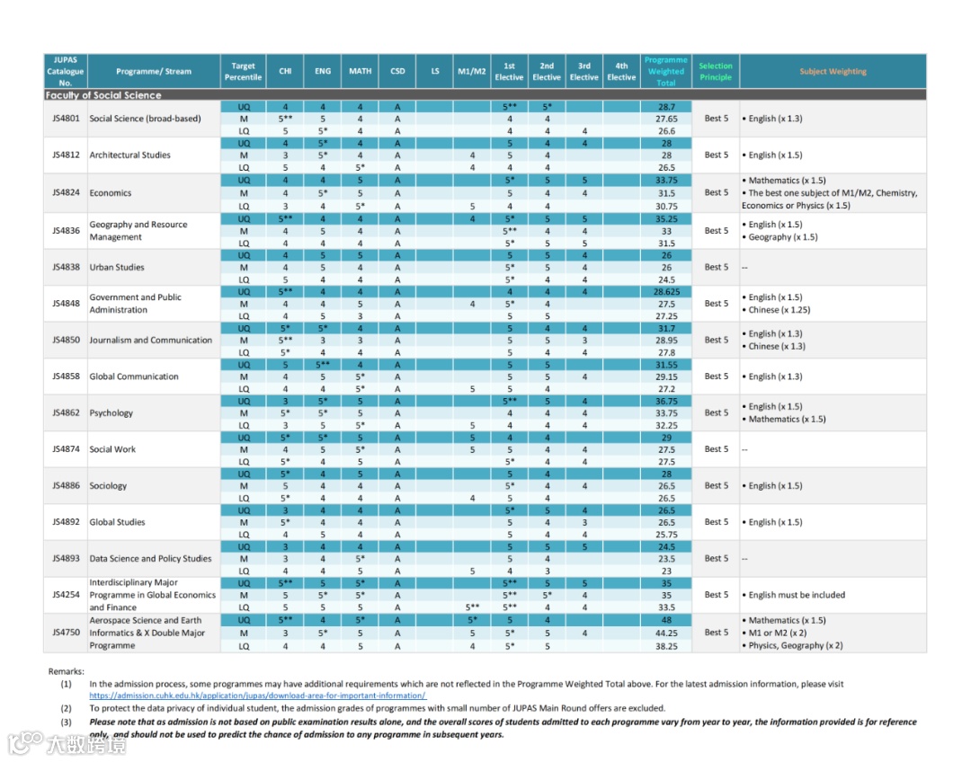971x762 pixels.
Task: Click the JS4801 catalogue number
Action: (x=66, y=119)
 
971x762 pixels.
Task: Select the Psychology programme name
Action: (x=111, y=413)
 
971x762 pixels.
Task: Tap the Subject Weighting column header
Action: (x=833, y=72)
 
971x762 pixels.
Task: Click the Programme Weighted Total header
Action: (x=665, y=72)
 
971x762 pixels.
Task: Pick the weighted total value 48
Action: (x=665, y=620)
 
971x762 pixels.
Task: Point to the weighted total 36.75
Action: (x=665, y=401)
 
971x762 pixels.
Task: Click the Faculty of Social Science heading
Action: (x=103, y=95)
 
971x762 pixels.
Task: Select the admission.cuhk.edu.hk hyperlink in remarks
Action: (x=257, y=696)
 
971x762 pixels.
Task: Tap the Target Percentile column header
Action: (x=244, y=72)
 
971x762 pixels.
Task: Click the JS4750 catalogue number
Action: (x=66, y=633)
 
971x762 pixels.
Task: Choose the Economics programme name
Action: (x=111, y=193)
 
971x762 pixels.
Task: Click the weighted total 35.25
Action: (x=665, y=218)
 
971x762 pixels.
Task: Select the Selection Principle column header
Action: (x=716, y=72)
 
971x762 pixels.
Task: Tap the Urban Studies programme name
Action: (x=117, y=267)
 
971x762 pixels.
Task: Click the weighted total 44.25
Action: (x=665, y=633)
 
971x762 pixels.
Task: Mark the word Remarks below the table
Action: (x=66, y=671)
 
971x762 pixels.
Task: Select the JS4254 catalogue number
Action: (x=66, y=595)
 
